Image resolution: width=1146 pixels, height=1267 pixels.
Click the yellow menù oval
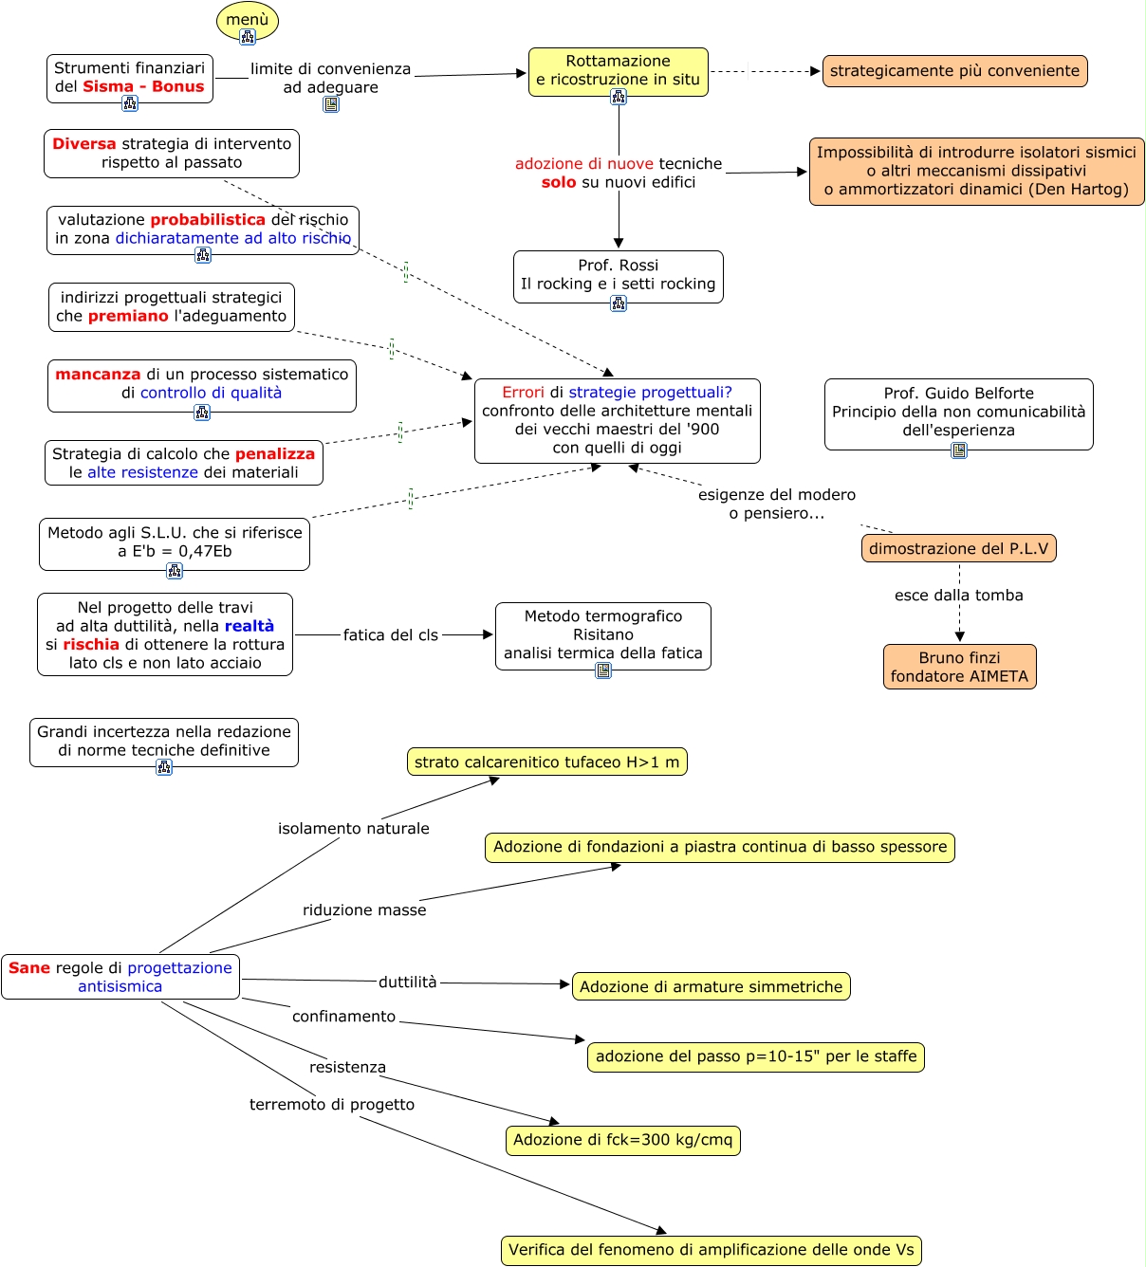(x=248, y=20)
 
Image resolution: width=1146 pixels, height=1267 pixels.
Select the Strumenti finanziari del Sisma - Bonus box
(x=130, y=79)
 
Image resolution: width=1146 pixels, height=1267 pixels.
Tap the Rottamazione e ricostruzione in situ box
(x=619, y=71)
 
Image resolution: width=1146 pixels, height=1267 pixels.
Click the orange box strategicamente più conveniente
(x=954, y=71)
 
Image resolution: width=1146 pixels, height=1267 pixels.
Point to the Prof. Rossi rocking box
(x=619, y=276)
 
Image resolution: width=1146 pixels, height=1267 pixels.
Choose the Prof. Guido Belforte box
(x=958, y=413)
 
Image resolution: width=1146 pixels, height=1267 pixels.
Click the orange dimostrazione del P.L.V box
(x=958, y=547)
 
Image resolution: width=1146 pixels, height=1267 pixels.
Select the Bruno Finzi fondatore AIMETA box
(x=959, y=667)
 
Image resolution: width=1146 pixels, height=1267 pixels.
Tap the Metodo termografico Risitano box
(x=603, y=635)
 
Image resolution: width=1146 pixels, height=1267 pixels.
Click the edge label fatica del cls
(x=391, y=634)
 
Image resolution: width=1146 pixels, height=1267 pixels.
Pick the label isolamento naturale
(x=353, y=828)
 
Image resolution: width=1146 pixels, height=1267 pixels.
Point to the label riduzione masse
(x=364, y=909)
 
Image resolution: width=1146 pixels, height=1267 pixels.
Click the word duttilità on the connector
(x=408, y=982)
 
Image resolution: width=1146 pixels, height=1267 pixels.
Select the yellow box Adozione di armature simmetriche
(x=712, y=986)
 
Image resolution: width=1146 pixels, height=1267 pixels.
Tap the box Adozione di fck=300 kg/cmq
(x=622, y=1140)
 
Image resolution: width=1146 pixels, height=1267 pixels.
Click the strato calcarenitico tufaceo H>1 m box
(x=546, y=762)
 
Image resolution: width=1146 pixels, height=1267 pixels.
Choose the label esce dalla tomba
(x=958, y=595)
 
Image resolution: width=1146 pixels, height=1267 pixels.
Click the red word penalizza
(x=275, y=453)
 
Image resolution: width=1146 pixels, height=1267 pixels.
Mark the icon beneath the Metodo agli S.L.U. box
(x=175, y=571)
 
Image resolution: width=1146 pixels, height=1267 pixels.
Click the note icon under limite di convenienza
(x=331, y=104)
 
